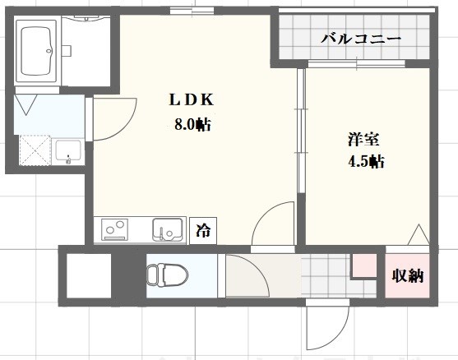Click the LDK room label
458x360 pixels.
[x=191, y=101]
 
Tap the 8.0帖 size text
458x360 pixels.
[x=191, y=126]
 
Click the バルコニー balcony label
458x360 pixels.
[x=360, y=38]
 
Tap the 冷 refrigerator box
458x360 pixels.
[x=201, y=231]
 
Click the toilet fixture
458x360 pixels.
[x=164, y=273]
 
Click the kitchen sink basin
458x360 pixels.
[x=168, y=229]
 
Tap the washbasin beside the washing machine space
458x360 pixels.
[x=68, y=152]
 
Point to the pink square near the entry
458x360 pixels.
[x=363, y=265]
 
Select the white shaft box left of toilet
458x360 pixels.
[x=88, y=276]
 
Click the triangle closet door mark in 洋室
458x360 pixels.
[x=419, y=234]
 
